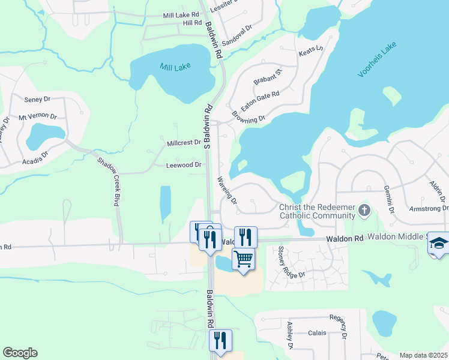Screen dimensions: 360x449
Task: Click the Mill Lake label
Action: coord(175,67)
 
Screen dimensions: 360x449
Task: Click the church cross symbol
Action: coord(364,210)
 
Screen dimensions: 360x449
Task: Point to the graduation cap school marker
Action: coord(439,244)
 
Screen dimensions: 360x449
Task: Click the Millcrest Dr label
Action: coord(184,143)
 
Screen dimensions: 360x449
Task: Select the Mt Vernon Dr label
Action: coord(37,116)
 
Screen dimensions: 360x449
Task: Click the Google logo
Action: coord(20,353)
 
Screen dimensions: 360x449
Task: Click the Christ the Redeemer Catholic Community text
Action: coord(318,211)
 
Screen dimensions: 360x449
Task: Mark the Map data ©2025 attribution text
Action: coord(423,355)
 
